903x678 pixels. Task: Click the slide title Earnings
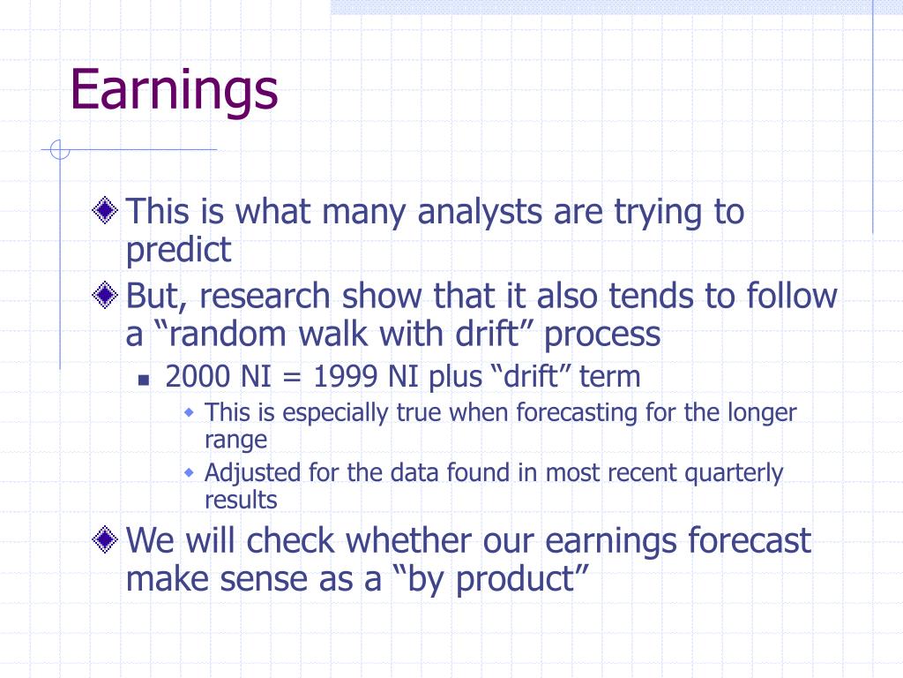pos(174,91)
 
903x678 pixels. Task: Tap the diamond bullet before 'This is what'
pos(105,210)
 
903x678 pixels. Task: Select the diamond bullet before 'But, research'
pos(105,295)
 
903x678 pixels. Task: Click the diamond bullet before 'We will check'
pos(105,539)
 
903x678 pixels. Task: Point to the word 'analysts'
pos(480,213)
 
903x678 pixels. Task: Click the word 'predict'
pos(178,250)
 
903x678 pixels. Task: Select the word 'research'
pos(265,297)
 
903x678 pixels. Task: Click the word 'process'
pos(602,336)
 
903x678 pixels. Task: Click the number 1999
pos(346,377)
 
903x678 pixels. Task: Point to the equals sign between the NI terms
pos(292,379)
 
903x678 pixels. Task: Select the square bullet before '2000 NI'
pos(144,380)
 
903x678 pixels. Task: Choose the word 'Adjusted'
pos(252,473)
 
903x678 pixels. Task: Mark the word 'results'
pos(242,500)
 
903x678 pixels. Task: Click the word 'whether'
pos(408,541)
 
